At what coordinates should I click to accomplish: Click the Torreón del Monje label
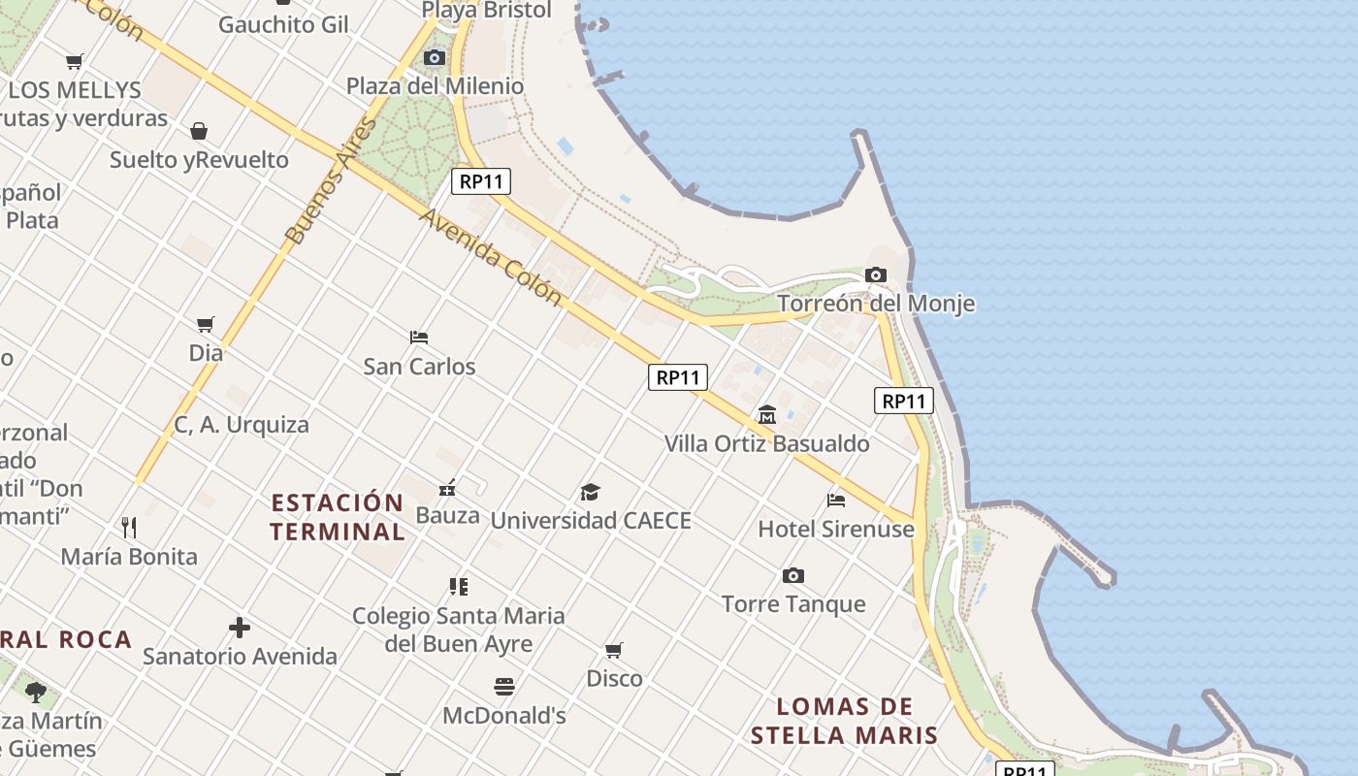(876, 304)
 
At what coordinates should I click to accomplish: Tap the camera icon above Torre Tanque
(793, 576)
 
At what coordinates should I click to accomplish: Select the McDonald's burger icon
(503, 687)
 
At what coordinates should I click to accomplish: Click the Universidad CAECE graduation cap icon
(590, 492)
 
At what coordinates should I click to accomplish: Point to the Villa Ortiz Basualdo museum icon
(767, 415)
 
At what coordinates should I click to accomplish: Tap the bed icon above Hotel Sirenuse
(836, 501)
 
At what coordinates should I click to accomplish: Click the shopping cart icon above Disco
(614, 650)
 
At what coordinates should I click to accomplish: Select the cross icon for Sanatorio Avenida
(240, 628)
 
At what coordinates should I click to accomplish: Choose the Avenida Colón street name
(491, 256)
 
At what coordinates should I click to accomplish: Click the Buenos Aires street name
(330, 181)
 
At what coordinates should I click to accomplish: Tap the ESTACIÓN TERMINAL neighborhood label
(338, 517)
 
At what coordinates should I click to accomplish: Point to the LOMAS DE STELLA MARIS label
(845, 721)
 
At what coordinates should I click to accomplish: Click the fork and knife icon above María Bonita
(129, 527)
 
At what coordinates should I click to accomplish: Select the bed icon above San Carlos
(419, 338)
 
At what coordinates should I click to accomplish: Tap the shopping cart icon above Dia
(205, 324)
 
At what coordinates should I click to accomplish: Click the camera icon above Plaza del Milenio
(435, 58)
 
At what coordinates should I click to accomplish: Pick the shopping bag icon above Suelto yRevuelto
(199, 131)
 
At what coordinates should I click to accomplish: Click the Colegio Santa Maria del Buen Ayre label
(458, 630)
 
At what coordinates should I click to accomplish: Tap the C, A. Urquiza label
(242, 425)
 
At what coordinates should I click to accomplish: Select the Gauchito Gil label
(283, 24)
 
